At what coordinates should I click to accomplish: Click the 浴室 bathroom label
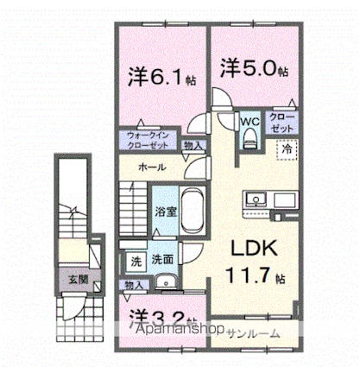tap(165, 209)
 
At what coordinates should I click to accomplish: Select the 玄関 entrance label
tap(70, 278)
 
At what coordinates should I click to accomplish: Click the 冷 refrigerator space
tap(286, 149)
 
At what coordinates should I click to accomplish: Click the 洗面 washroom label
tap(163, 258)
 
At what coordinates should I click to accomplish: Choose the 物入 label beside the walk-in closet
tap(194, 146)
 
